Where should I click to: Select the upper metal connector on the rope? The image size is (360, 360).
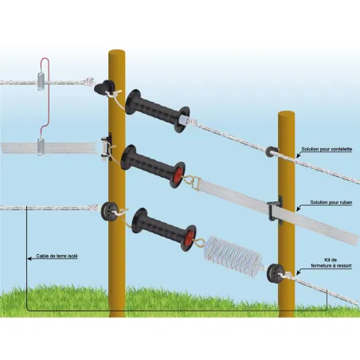41,81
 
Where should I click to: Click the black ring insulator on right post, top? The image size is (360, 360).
274,151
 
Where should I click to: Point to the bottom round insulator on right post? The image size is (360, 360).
276,272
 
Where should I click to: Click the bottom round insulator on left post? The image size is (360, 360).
109,211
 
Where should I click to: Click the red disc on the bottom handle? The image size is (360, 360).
189,236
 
